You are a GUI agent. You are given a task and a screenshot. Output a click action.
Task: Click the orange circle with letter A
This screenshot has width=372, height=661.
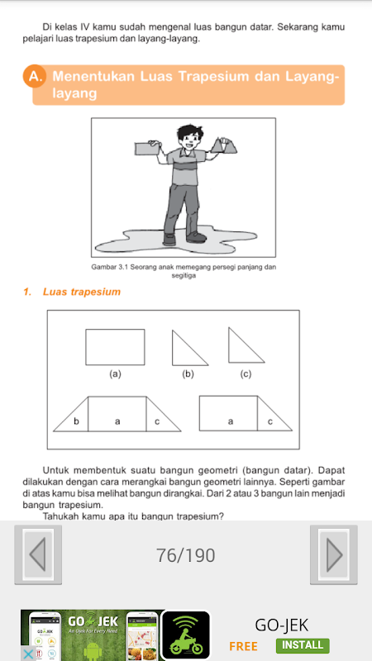point(34,77)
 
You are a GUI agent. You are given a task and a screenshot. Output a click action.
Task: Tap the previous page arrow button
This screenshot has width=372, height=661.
point(38,554)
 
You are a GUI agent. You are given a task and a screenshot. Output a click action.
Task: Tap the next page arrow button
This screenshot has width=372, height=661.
point(334,554)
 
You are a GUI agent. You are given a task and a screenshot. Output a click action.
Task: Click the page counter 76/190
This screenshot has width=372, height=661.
point(185,555)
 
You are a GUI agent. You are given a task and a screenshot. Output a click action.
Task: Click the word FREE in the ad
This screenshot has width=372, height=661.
point(243,646)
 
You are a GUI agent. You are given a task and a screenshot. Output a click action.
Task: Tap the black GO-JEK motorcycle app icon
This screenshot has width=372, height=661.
point(185,635)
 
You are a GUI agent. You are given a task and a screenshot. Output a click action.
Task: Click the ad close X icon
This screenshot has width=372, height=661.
point(27,654)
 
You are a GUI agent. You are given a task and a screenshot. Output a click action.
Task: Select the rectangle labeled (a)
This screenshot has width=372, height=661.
point(115,347)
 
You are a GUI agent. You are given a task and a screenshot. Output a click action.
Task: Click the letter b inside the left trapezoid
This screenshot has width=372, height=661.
point(76,421)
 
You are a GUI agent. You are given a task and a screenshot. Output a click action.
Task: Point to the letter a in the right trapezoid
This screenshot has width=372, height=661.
point(231,421)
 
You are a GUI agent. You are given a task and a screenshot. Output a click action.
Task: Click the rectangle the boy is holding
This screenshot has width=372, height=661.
point(146,149)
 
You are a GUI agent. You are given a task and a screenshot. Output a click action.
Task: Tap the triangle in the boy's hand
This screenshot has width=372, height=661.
point(223,145)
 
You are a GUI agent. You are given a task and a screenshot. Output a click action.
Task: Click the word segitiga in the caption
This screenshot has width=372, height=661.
point(184,276)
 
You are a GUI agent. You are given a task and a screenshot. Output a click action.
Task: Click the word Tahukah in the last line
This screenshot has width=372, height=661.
point(58,516)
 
